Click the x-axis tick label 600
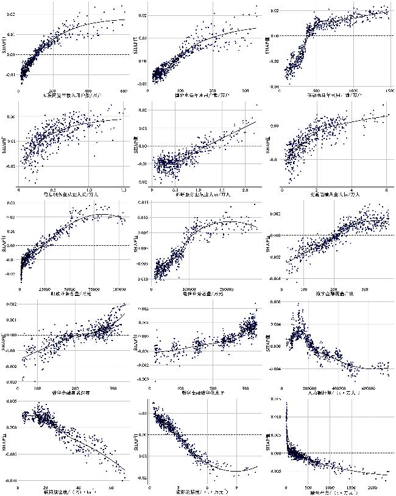[x=124, y=92]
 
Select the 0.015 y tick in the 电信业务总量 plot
[x=141, y=203]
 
